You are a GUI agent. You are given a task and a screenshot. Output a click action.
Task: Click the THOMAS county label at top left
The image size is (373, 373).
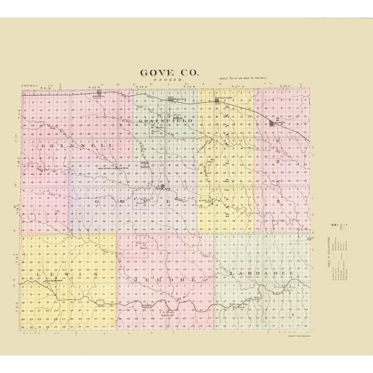(30, 85)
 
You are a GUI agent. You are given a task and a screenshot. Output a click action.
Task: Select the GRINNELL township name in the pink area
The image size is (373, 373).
(77, 146)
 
